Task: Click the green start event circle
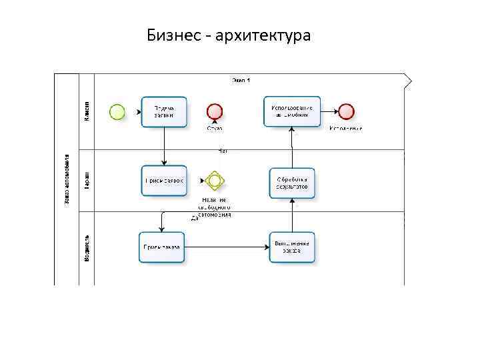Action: pos(117,112)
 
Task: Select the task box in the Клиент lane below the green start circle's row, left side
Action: pos(164,112)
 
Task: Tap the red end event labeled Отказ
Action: pos(215,111)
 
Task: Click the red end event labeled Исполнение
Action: pos(345,111)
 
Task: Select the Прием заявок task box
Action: pos(164,180)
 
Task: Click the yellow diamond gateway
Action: pos(214,180)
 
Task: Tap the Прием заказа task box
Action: pos(161,247)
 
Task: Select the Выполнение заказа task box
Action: pos(292,247)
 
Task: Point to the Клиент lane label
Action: pos(87,111)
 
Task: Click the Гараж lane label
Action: pos(87,181)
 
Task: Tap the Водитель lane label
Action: pos(87,247)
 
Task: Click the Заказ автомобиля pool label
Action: pos(66,180)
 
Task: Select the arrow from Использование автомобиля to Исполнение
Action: pos(329,111)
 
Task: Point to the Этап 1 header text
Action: pos(241,80)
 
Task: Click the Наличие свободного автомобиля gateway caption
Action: pos(214,207)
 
